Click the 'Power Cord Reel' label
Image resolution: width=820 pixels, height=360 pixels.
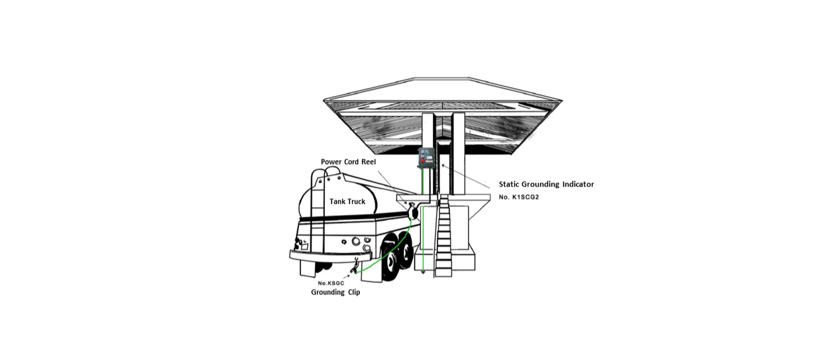tap(348, 162)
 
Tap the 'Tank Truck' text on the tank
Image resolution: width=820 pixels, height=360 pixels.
tap(347, 201)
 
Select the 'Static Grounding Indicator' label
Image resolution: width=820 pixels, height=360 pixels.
tap(546, 185)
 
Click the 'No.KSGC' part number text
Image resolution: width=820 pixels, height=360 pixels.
tap(331, 283)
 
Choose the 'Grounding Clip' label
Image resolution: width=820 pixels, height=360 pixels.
tap(336, 292)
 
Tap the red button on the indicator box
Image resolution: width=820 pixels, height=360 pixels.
tap(422, 161)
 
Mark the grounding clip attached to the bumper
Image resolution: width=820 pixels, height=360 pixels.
tap(356, 264)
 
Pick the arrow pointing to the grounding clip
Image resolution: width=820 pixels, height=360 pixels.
tap(345, 277)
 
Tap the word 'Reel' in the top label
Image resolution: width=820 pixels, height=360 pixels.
tap(368, 162)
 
